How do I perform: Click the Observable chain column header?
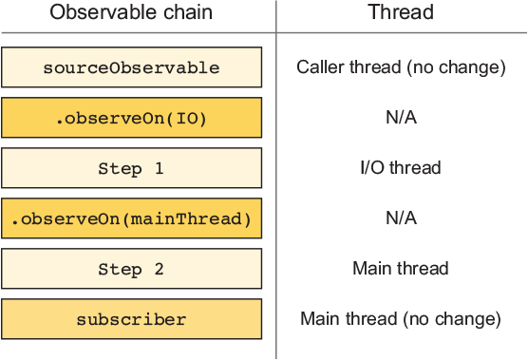click(131, 12)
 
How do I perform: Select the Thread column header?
click(401, 12)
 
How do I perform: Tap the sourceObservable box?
click(132, 67)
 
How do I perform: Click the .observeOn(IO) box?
click(132, 118)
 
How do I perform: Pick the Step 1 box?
click(132, 168)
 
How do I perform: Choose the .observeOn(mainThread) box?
click(132, 218)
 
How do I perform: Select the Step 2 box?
click(132, 269)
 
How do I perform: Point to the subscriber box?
click(132, 319)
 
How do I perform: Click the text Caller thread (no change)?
click(401, 67)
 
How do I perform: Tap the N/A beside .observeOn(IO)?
click(401, 118)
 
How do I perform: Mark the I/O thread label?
click(401, 168)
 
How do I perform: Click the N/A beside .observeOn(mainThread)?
click(401, 218)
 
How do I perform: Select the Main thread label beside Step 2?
click(401, 269)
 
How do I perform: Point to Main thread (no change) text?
click(401, 319)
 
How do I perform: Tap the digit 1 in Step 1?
click(160, 168)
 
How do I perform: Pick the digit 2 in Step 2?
click(160, 269)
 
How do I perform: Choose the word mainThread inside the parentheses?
click(186, 218)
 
